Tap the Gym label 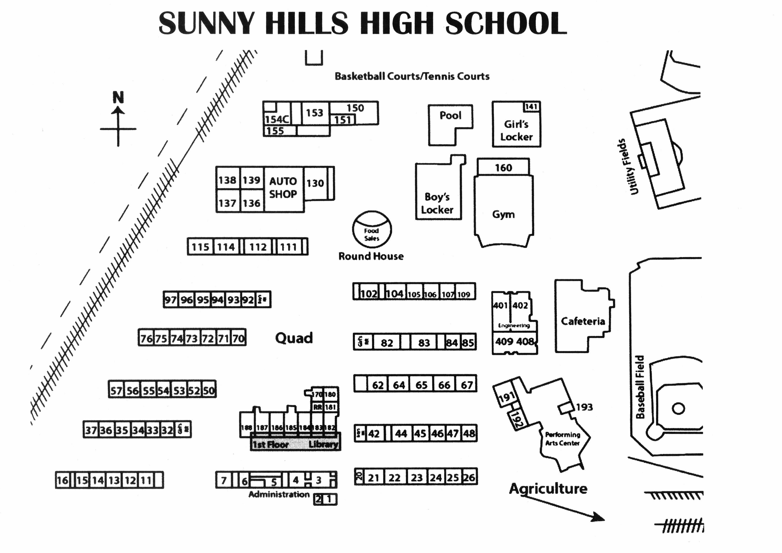[503, 215]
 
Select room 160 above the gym [503, 167]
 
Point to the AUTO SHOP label [283, 188]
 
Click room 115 [200, 247]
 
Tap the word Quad [294, 338]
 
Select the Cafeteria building [583, 321]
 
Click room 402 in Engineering [520, 305]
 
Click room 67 [467, 385]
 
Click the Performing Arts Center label [562, 439]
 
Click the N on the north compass [118, 98]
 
